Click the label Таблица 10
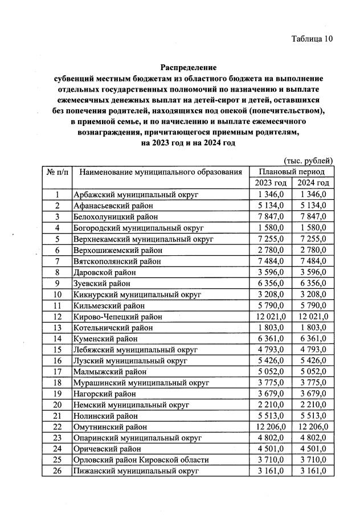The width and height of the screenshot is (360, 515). point(311,39)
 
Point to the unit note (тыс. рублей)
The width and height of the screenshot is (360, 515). point(308,161)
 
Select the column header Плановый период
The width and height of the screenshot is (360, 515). point(292,171)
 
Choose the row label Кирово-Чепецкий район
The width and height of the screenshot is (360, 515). point(118,316)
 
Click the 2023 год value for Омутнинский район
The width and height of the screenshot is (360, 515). point(271,426)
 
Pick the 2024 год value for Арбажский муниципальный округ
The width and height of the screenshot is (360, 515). point(313,195)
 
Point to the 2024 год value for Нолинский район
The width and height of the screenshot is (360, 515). point(313,415)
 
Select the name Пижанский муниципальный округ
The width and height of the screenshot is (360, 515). point(136,471)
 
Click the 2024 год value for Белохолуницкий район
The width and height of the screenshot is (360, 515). point(313,217)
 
